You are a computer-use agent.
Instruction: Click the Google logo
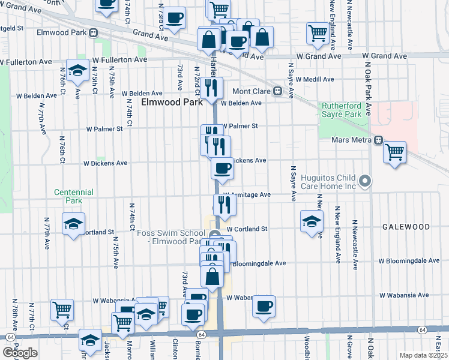pyautogui.click(x=20, y=353)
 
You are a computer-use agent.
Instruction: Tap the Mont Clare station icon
pyautogui.click(x=278, y=91)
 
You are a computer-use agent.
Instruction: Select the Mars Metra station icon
pyautogui.click(x=378, y=140)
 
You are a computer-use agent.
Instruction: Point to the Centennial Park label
pyautogui.click(x=74, y=196)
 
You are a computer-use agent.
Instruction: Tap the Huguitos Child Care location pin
pyautogui.click(x=364, y=180)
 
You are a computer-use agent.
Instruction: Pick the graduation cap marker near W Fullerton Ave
pyautogui.click(x=77, y=71)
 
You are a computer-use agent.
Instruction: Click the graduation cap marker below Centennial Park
pyautogui.click(x=73, y=224)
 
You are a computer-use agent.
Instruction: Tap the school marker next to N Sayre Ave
pyautogui.click(x=312, y=221)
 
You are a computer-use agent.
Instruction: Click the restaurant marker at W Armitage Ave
pyautogui.click(x=224, y=205)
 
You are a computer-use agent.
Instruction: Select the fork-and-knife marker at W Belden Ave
pyautogui.click(x=212, y=88)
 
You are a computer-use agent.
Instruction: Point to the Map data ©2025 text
pyautogui.click(x=423, y=355)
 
